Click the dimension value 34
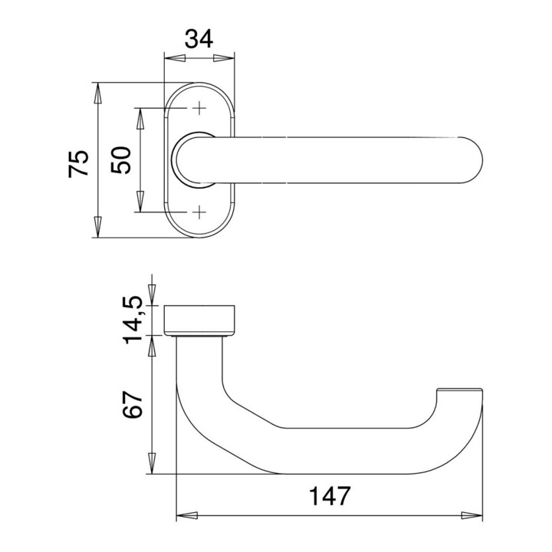[x=199, y=38]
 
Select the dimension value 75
[x=80, y=164]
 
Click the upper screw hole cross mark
[x=199, y=109]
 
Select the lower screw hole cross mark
[x=199, y=211]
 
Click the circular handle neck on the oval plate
[x=192, y=159]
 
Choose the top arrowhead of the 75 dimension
[x=97, y=91]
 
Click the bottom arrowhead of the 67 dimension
[x=152, y=465]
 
